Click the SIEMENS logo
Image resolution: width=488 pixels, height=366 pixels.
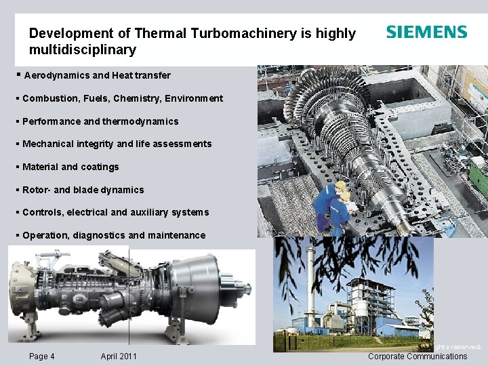tap(426, 32)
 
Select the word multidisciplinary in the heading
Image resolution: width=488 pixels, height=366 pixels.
tap(82, 50)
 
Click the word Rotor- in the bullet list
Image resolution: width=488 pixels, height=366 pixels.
tap(38, 190)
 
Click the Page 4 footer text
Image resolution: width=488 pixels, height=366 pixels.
tap(42, 357)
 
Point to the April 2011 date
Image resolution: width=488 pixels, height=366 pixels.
tap(119, 357)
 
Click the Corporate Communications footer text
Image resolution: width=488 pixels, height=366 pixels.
tap(418, 357)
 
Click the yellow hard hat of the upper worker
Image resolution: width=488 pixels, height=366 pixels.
tap(340, 186)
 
